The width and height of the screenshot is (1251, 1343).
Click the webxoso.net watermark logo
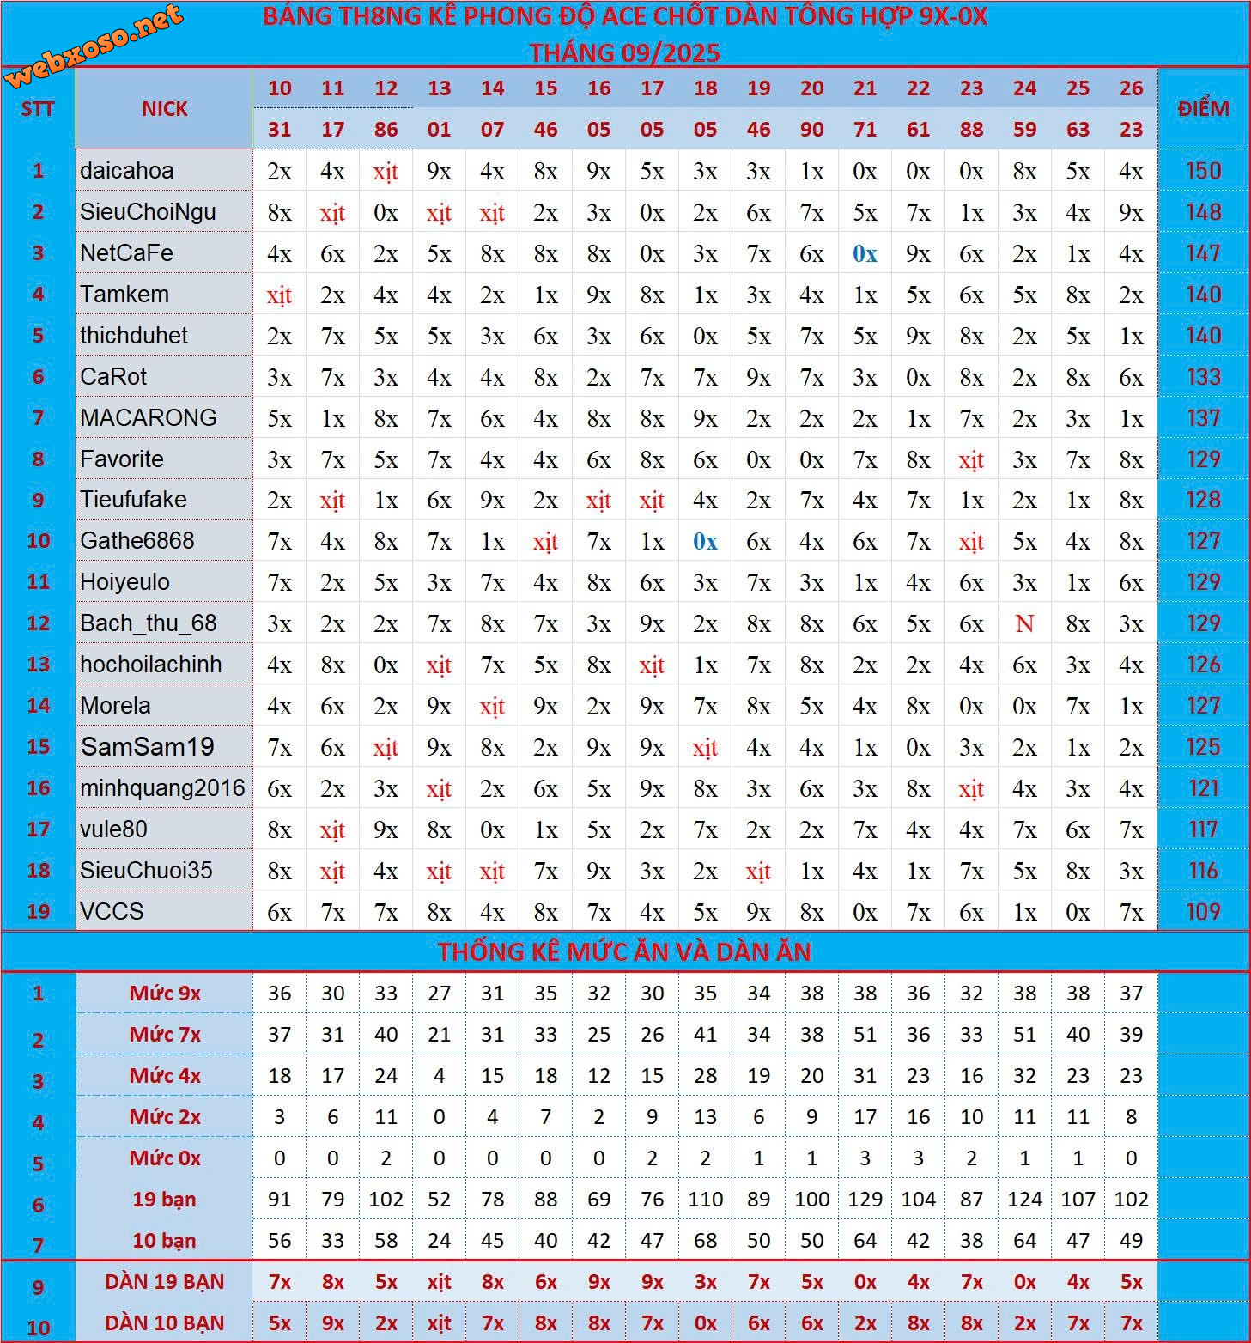pos(94,45)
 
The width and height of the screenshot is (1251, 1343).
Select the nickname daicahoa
pos(127,171)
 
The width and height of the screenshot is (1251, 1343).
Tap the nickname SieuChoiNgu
pos(148,212)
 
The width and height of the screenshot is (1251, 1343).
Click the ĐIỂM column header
pos(1203,109)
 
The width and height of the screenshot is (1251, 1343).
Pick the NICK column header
pos(165,109)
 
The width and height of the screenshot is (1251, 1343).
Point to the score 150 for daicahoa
pos(1203,171)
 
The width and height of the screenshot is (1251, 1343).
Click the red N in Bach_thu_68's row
pos(1024,623)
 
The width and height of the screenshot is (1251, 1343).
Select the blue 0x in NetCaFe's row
pos(865,253)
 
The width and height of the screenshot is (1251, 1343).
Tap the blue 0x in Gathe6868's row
pos(705,541)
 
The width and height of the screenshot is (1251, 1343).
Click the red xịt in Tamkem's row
pos(279,295)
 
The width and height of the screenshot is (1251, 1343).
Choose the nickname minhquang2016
pos(162,788)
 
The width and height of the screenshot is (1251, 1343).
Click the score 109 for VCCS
pos(1203,912)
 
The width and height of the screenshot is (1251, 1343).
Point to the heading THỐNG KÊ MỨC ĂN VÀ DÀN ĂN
pos(624,951)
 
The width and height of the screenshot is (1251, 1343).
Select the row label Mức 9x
pos(165,994)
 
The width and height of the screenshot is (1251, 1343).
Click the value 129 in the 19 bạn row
pos(865,1200)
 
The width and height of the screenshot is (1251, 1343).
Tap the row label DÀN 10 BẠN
pos(165,1323)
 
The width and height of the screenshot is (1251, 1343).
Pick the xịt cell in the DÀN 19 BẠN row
pos(439,1282)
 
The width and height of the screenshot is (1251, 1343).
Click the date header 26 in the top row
pos(1131,88)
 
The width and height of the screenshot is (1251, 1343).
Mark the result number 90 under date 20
pos(811,130)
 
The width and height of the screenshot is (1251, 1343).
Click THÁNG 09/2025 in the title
pos(624,53)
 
